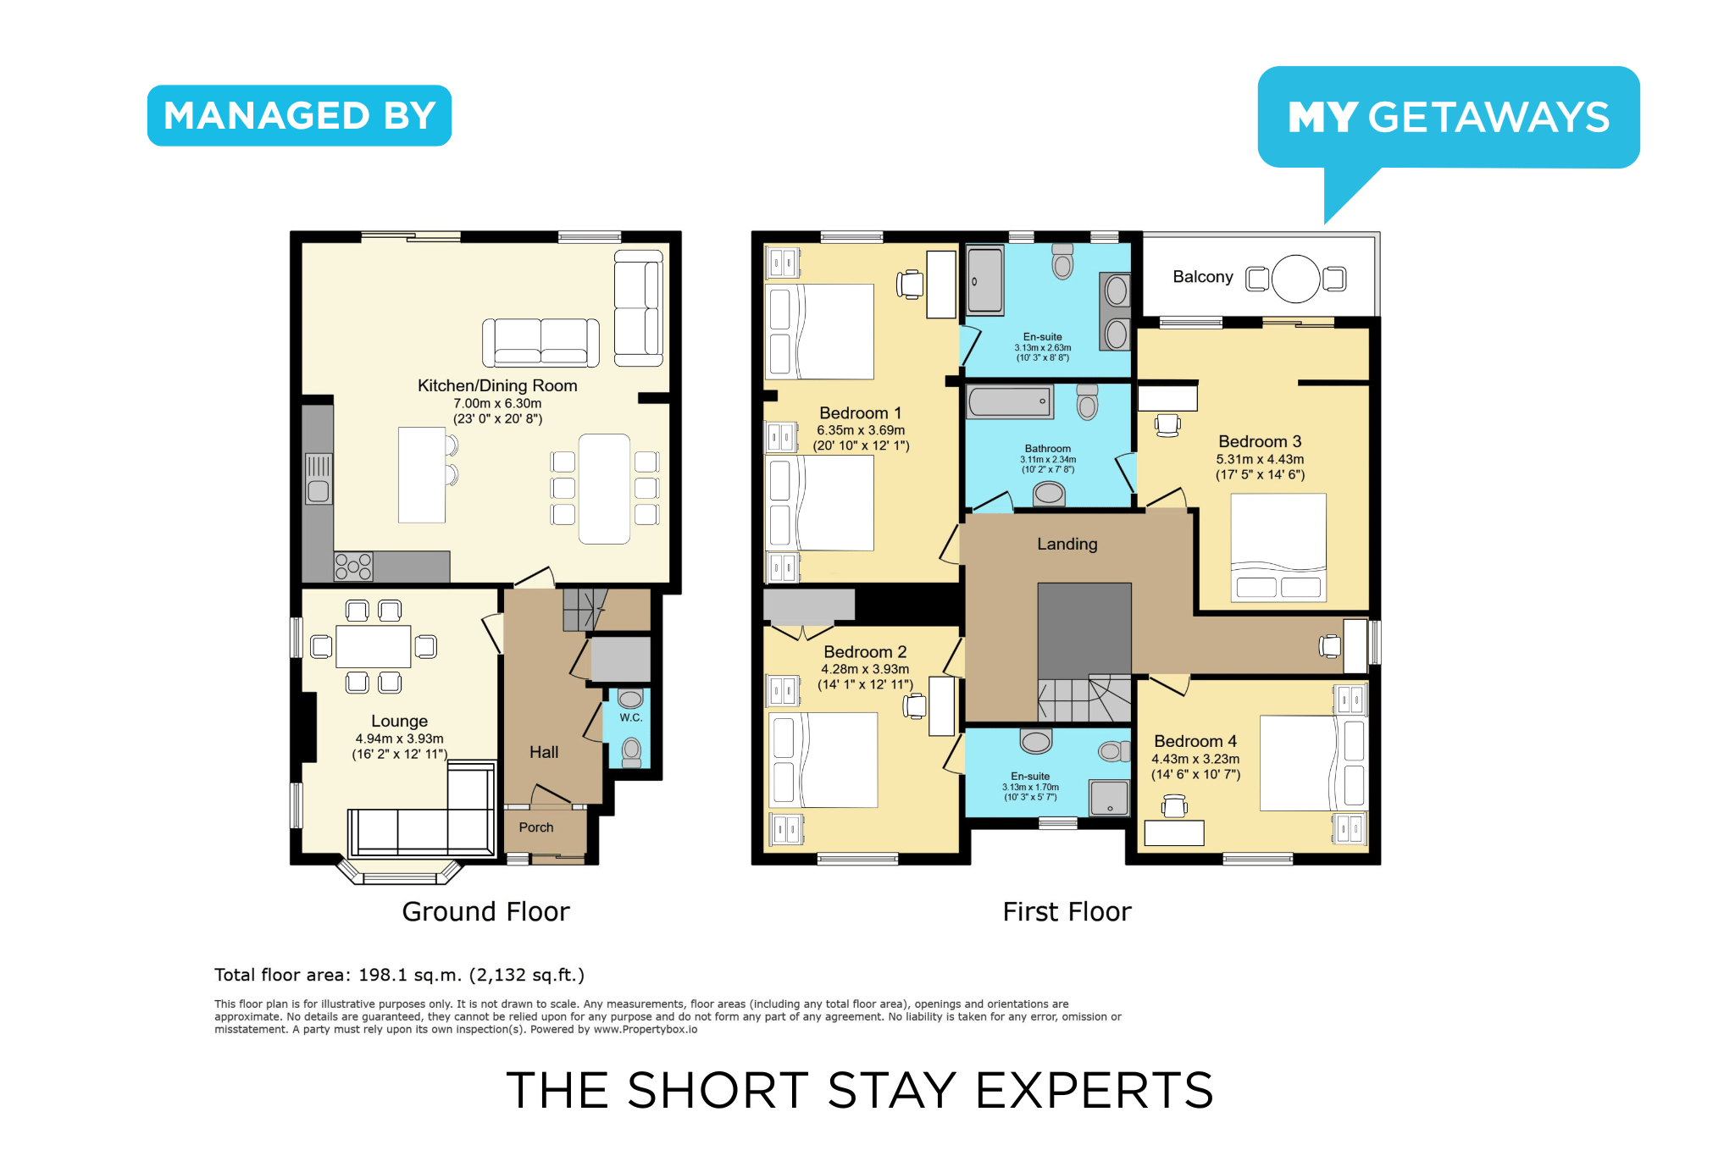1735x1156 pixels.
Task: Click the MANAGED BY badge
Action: pos(299,115)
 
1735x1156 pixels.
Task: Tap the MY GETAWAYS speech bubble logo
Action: pos(1449,119)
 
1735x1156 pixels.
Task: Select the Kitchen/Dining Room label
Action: pos(497,385)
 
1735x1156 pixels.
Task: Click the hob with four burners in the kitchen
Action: pos(353,566)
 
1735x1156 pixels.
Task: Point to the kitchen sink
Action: pos(319,479)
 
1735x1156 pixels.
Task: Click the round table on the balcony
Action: pos(1295,279)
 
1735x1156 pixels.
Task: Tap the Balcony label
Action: pos(1203,277)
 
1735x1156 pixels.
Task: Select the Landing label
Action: pos(1067,544)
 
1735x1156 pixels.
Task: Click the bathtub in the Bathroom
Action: pos(1011,402)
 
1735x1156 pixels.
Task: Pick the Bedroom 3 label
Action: pos(1260,441)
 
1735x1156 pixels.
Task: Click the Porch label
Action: pos(536,827)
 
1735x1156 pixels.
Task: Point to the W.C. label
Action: pos(631,717)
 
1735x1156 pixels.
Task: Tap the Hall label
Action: pos(544,752)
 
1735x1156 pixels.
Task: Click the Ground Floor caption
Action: pos(485,911)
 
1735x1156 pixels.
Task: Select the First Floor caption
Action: pos(1067,911)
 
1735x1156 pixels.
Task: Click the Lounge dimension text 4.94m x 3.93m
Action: pos(399,738)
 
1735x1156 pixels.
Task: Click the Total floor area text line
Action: pos(399,975)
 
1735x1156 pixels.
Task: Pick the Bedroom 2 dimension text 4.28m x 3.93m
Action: pos(865,669)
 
